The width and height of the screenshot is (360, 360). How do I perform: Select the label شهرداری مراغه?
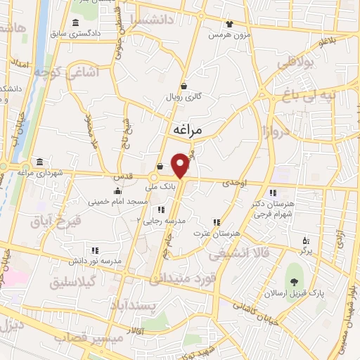(x=41, y=173)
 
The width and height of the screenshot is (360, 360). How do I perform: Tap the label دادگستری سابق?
(x=79, y=33)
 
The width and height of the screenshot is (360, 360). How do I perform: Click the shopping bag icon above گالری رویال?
(x=184, y=86)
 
